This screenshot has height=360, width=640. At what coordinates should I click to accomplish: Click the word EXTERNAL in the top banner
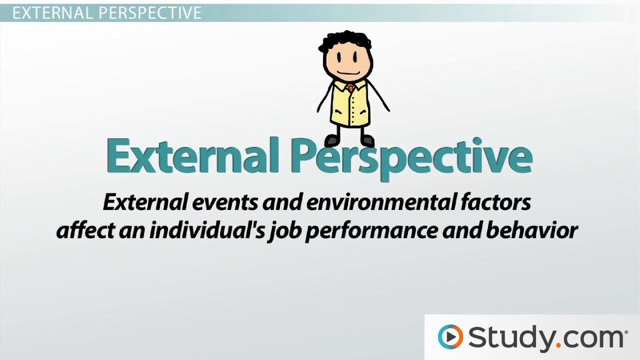52,12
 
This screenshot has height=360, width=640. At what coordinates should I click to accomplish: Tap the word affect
85,231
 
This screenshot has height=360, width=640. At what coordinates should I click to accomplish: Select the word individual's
206,231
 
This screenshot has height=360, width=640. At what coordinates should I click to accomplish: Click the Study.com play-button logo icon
451,337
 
